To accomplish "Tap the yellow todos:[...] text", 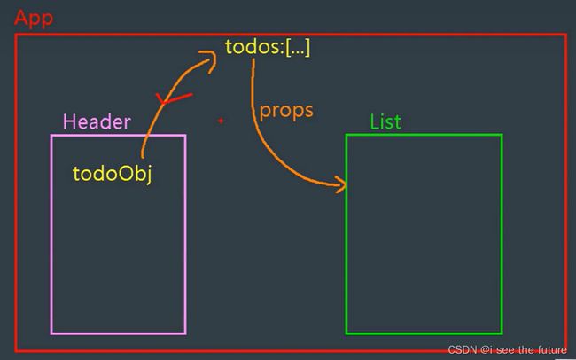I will tap(268, 47).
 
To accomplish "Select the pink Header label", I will tap(97, 121).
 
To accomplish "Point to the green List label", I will tap(385, 121).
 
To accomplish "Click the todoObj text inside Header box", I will tap(113, 173).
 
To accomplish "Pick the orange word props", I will tap(286, 112).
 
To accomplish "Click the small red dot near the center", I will tap(221, 120).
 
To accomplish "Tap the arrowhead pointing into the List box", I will tap(342, 184).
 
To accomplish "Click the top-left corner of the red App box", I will tap(15, 35).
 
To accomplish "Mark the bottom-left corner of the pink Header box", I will tap(51, 333).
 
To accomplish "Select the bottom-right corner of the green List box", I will tap(502, 333).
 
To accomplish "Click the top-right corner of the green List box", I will tap(502, 135).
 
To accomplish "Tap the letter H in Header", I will tap(69, 121).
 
